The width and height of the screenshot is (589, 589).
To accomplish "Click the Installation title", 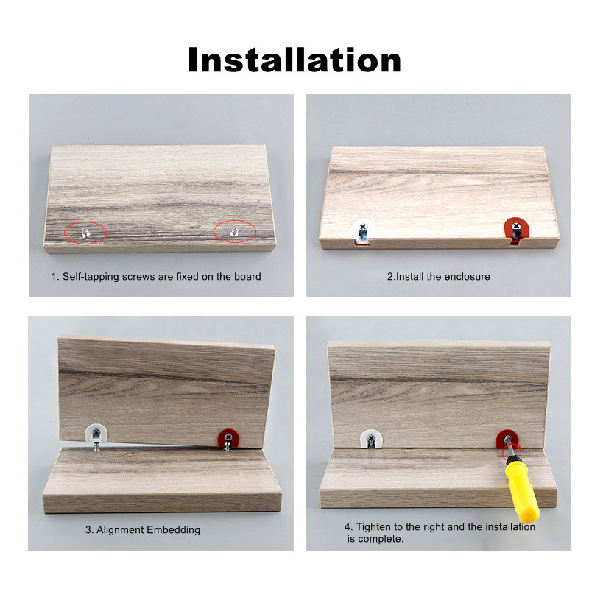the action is tap(294, 60).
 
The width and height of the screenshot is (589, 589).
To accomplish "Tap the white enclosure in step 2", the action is tap(362, 231).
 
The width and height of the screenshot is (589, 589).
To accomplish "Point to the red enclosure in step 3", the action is tap(228, 438).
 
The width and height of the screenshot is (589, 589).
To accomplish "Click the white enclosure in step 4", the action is tap(371, 440).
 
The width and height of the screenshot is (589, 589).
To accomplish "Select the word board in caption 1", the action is tap(247, 277).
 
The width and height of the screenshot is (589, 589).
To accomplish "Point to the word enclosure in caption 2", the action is tap(468, 277).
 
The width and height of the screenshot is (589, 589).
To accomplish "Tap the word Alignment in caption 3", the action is tap(120, 529).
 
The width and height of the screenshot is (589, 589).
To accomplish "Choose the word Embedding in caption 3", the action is tap(174, 529).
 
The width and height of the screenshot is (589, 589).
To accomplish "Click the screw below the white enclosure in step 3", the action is tap(96, 447).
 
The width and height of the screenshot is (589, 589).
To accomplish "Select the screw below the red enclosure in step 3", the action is tap(227, 447).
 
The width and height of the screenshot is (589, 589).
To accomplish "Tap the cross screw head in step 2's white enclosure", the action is tap(363, 227).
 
